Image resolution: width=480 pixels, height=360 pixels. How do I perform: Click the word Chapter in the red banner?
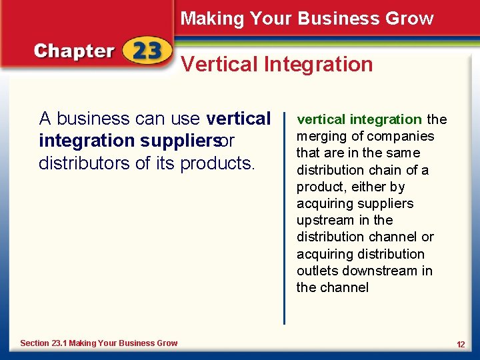point(74,51)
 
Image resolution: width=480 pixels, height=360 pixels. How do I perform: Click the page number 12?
point(461,343)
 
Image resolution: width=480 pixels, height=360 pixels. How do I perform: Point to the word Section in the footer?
point(35,343)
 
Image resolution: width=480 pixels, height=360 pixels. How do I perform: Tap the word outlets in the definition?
point(317,271)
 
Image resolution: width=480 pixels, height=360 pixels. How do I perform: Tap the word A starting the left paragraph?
point(45,119)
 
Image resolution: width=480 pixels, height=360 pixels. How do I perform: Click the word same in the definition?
point(402,153)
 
